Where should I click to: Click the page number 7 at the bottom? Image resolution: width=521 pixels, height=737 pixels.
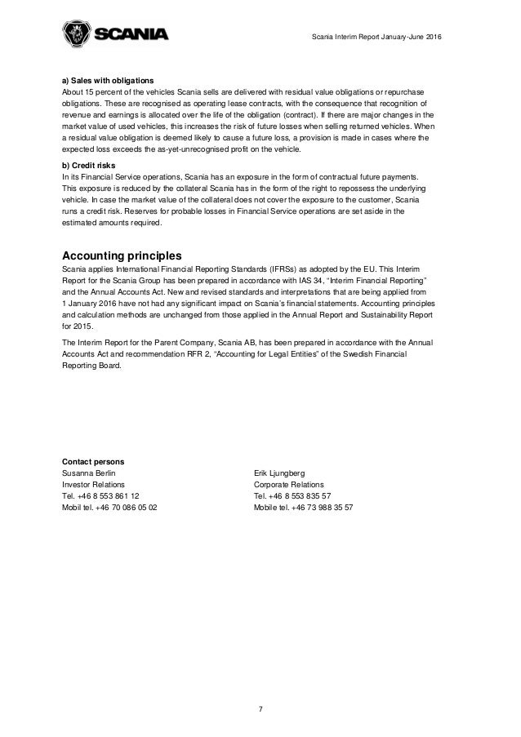point(260,709)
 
